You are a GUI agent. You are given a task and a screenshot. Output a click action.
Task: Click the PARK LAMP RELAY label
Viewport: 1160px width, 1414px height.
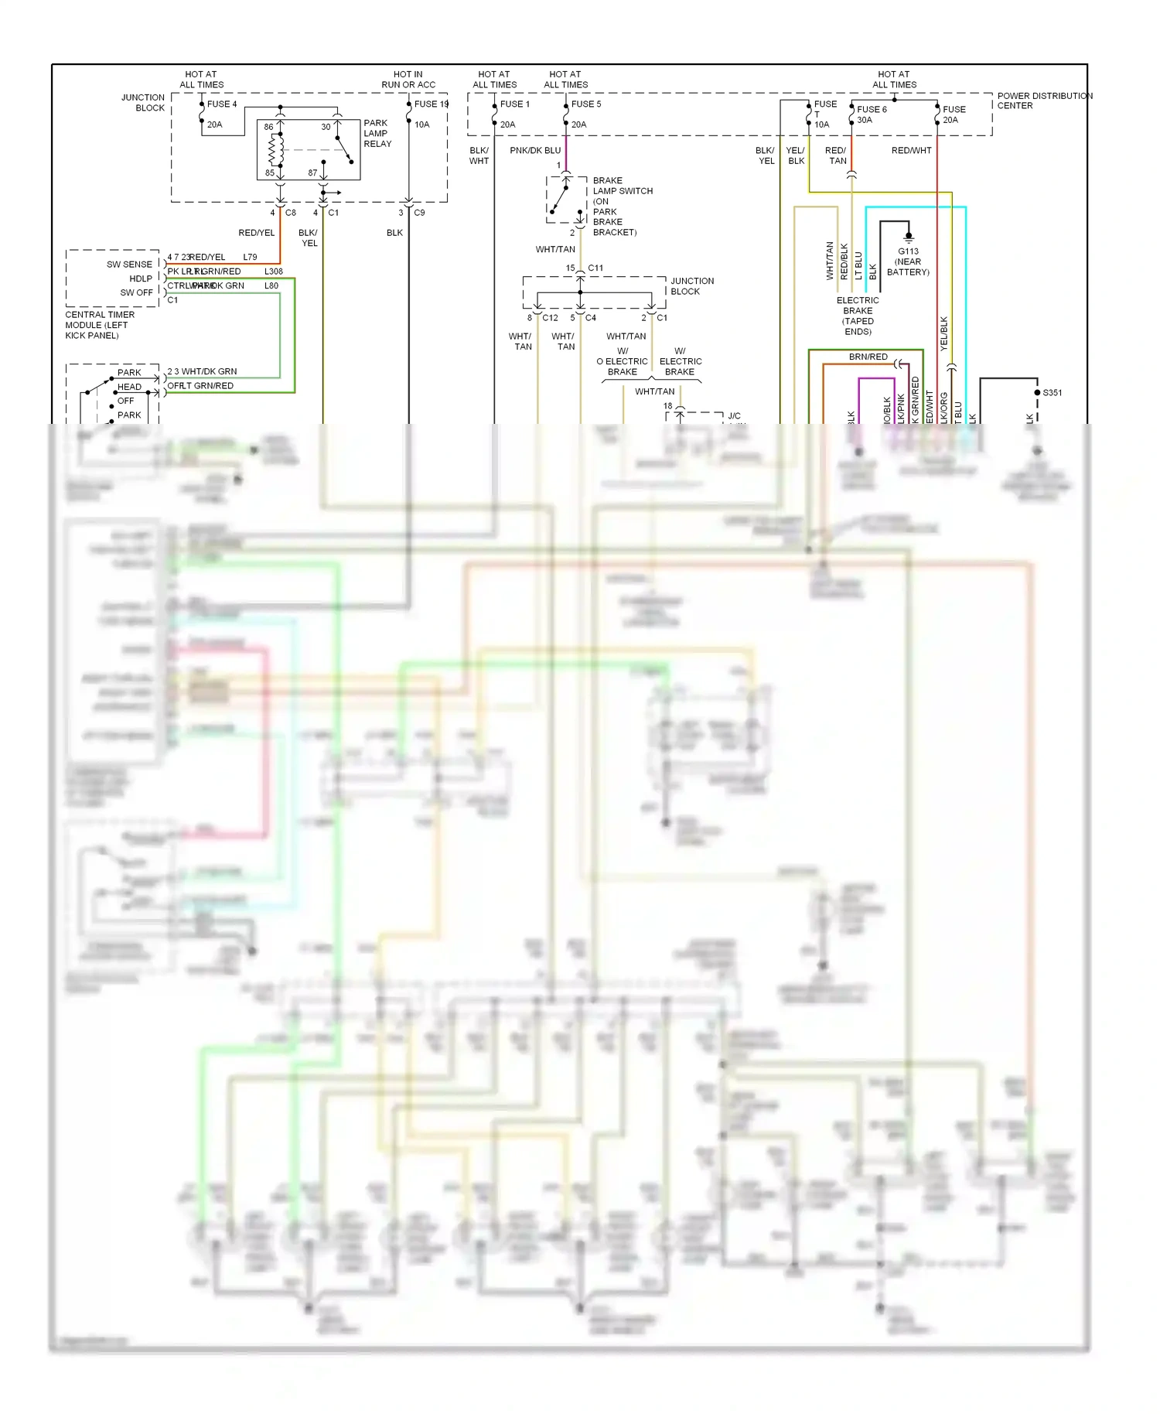coord(377,133)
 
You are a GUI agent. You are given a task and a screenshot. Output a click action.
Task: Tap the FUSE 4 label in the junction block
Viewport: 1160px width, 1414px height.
coord(222,104)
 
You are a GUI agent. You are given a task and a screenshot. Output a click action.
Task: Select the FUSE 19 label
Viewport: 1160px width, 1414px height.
coord(431,104)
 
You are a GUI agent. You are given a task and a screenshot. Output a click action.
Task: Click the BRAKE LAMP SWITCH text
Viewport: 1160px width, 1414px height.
coord(622,186)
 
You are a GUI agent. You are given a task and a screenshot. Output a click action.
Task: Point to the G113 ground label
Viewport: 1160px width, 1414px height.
coord(908,251)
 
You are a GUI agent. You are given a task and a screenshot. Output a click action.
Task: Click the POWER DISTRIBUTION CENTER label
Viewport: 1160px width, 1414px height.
coord(1043,101)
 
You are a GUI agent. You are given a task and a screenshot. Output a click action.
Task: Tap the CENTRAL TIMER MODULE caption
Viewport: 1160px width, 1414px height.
coord(100,325)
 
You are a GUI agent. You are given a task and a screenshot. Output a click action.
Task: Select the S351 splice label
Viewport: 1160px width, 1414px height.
coord(1053,393)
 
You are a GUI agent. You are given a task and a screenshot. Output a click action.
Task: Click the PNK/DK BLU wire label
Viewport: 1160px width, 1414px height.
coord(535,150)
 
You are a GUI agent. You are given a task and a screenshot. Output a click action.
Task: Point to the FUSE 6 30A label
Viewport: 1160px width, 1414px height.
coord(872,114)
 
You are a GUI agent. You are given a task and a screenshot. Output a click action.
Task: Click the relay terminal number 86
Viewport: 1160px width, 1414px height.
coord(268,127)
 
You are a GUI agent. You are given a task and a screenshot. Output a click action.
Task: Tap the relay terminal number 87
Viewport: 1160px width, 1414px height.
coord(312,173)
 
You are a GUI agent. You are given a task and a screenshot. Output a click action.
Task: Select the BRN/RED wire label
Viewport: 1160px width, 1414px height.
coord(868,357)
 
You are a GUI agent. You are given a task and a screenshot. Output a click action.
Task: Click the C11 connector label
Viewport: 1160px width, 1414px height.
coord(595,268)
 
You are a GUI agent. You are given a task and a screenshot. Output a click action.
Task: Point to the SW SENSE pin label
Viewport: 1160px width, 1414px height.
coord(129,265)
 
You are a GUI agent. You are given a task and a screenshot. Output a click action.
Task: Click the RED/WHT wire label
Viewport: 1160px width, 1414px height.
coord(911,150)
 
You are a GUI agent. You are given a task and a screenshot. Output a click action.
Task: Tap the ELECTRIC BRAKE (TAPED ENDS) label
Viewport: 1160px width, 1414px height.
coord(858,316)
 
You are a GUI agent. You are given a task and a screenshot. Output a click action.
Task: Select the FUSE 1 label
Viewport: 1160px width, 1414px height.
coord(514,104)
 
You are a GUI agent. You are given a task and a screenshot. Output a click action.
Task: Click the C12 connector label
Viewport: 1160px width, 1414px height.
coord(550,318)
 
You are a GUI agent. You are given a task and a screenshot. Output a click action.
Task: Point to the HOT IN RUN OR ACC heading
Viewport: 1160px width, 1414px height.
coord(408,80)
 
